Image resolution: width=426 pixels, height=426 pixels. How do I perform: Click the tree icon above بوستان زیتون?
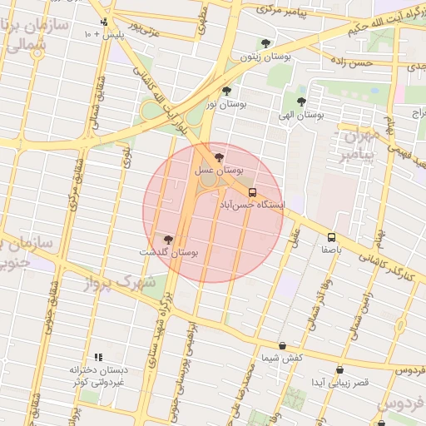(x=265, y=43)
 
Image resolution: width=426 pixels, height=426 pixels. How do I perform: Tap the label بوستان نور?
(x=227, y=104)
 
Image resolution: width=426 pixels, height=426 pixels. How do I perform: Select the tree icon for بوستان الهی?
(x=301, y=102)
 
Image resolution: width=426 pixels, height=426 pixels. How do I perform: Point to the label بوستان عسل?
(x=217, y=169)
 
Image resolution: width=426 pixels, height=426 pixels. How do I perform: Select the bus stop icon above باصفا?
(x=332, y=236)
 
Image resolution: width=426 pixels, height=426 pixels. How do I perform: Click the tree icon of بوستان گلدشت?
(x=169, y=240)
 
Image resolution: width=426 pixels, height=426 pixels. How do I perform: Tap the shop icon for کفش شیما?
(x=282, y=345)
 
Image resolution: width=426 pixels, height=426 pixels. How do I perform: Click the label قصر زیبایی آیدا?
(x=339, y=382)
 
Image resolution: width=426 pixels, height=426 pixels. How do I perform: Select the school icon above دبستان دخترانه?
(x=98, y=357)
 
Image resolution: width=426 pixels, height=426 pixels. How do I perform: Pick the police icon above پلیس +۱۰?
(x=104, y=22)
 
